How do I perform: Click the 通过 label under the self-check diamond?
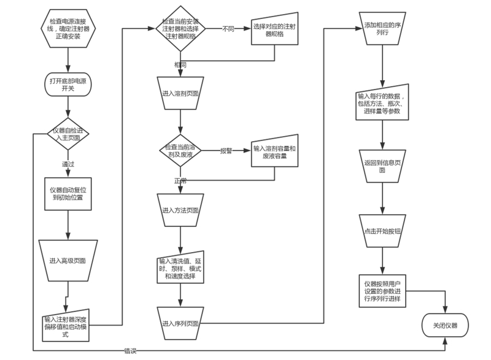click(x=68, y=164)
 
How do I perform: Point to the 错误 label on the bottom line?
click(x=130, y=351)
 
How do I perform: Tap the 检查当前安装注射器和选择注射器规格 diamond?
click(x=179, y=28)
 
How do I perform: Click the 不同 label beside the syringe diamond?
click(x=228, y=28)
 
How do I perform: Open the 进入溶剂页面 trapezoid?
click(x=179, y=94)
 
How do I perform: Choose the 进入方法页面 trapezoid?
click(x=179, y=210)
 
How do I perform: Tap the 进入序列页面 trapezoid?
click(x=179, y=323)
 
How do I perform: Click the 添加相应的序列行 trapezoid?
click(x=382, y=29)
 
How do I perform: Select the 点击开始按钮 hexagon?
click(x=382, y=231)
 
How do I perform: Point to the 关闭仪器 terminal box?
click(x=445, y=325)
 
